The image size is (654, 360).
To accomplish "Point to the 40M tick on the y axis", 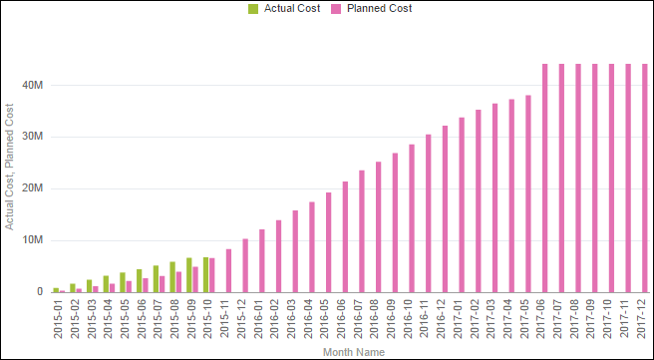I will pyautogui.click(x=33, y=85).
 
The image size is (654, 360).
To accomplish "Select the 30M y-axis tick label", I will pyautogui.click(x=33, y=137).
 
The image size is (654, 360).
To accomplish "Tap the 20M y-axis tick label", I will pyautogui.click(x=33, y=188).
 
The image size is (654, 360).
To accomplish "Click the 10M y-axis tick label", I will pyautogui.click(x=33, y=240).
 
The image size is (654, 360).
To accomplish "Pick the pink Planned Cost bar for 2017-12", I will pyautogui.click(x=645, y=180).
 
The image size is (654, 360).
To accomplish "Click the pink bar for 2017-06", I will pyautogui.click(x=545, y=180).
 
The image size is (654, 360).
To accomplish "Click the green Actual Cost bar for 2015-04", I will pyautogui.click(x=106, y=284).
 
